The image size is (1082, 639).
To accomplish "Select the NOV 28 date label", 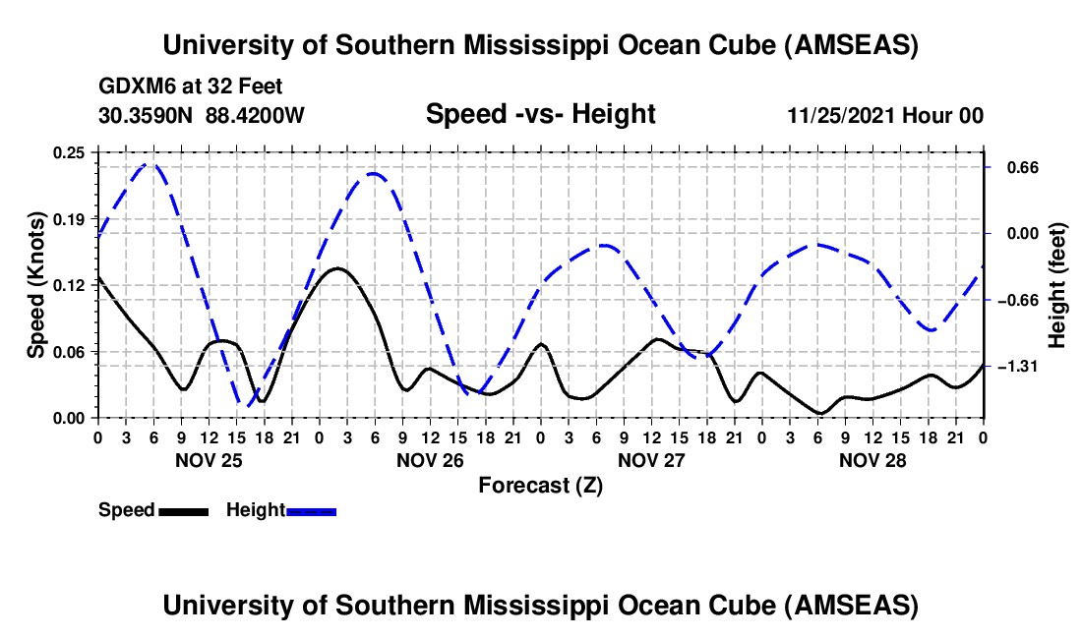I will (872, 460).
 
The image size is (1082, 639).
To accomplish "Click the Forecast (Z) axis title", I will (540, 485).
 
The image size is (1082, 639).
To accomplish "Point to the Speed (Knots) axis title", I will (35, 285).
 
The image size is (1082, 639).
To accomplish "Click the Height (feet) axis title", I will (1057, 285).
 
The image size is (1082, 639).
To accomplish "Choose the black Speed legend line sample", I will (183, 511).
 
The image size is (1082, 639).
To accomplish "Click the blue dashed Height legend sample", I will (311, 511).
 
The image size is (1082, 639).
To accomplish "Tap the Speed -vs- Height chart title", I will (540, 115).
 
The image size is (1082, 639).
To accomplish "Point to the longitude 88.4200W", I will (256, 115).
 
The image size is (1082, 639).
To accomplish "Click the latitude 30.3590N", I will (146, 115).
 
